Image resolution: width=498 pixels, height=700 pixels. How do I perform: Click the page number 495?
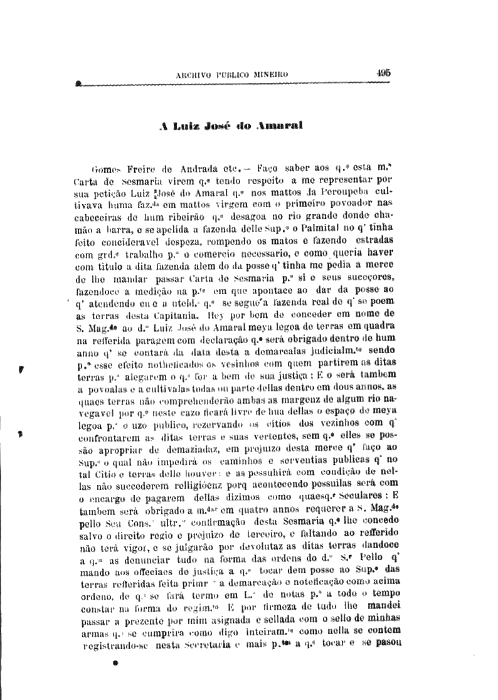coord(384,72)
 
